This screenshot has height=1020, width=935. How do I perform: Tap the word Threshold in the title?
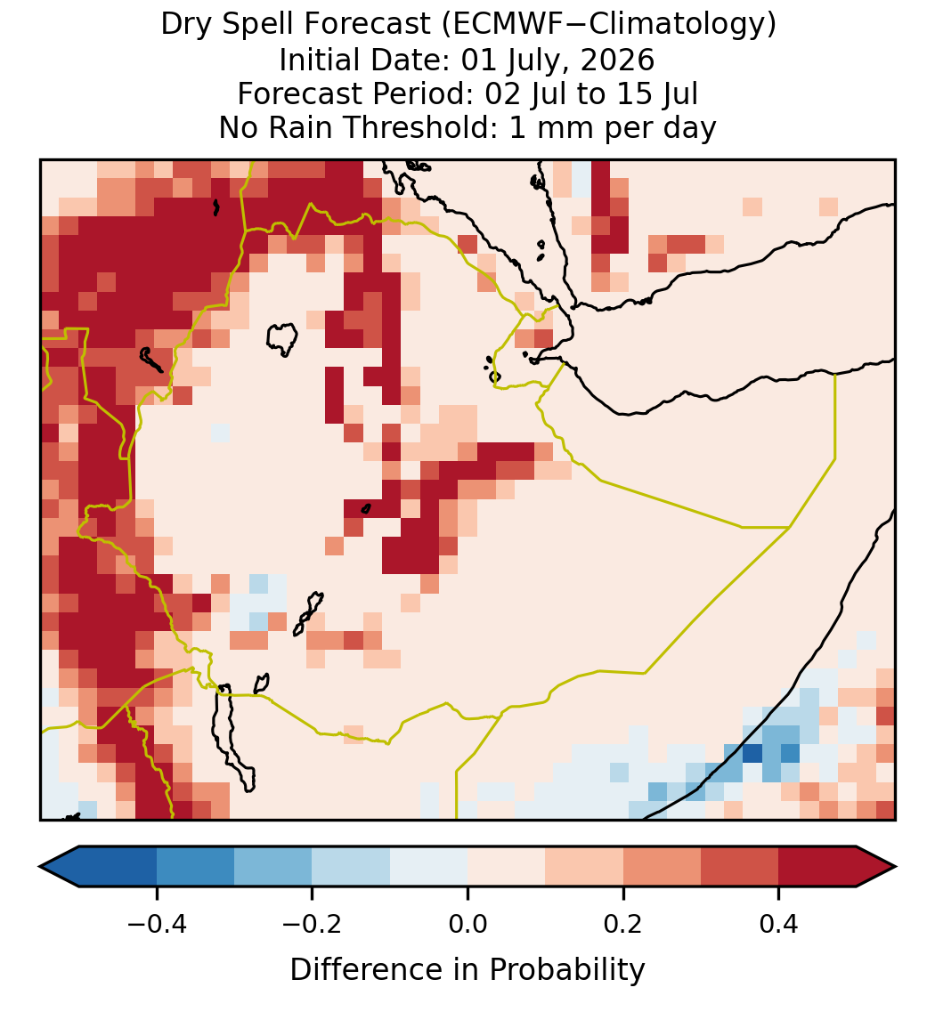[421, 127]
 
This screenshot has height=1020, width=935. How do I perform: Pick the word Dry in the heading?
[185, 26]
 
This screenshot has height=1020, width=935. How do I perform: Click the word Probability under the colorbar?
[566, 970]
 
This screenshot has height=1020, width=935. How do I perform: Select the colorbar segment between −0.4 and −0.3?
[195, 867]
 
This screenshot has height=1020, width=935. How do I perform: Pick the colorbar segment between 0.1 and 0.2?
[584, 867]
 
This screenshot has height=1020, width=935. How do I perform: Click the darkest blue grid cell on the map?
[752, 754]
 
